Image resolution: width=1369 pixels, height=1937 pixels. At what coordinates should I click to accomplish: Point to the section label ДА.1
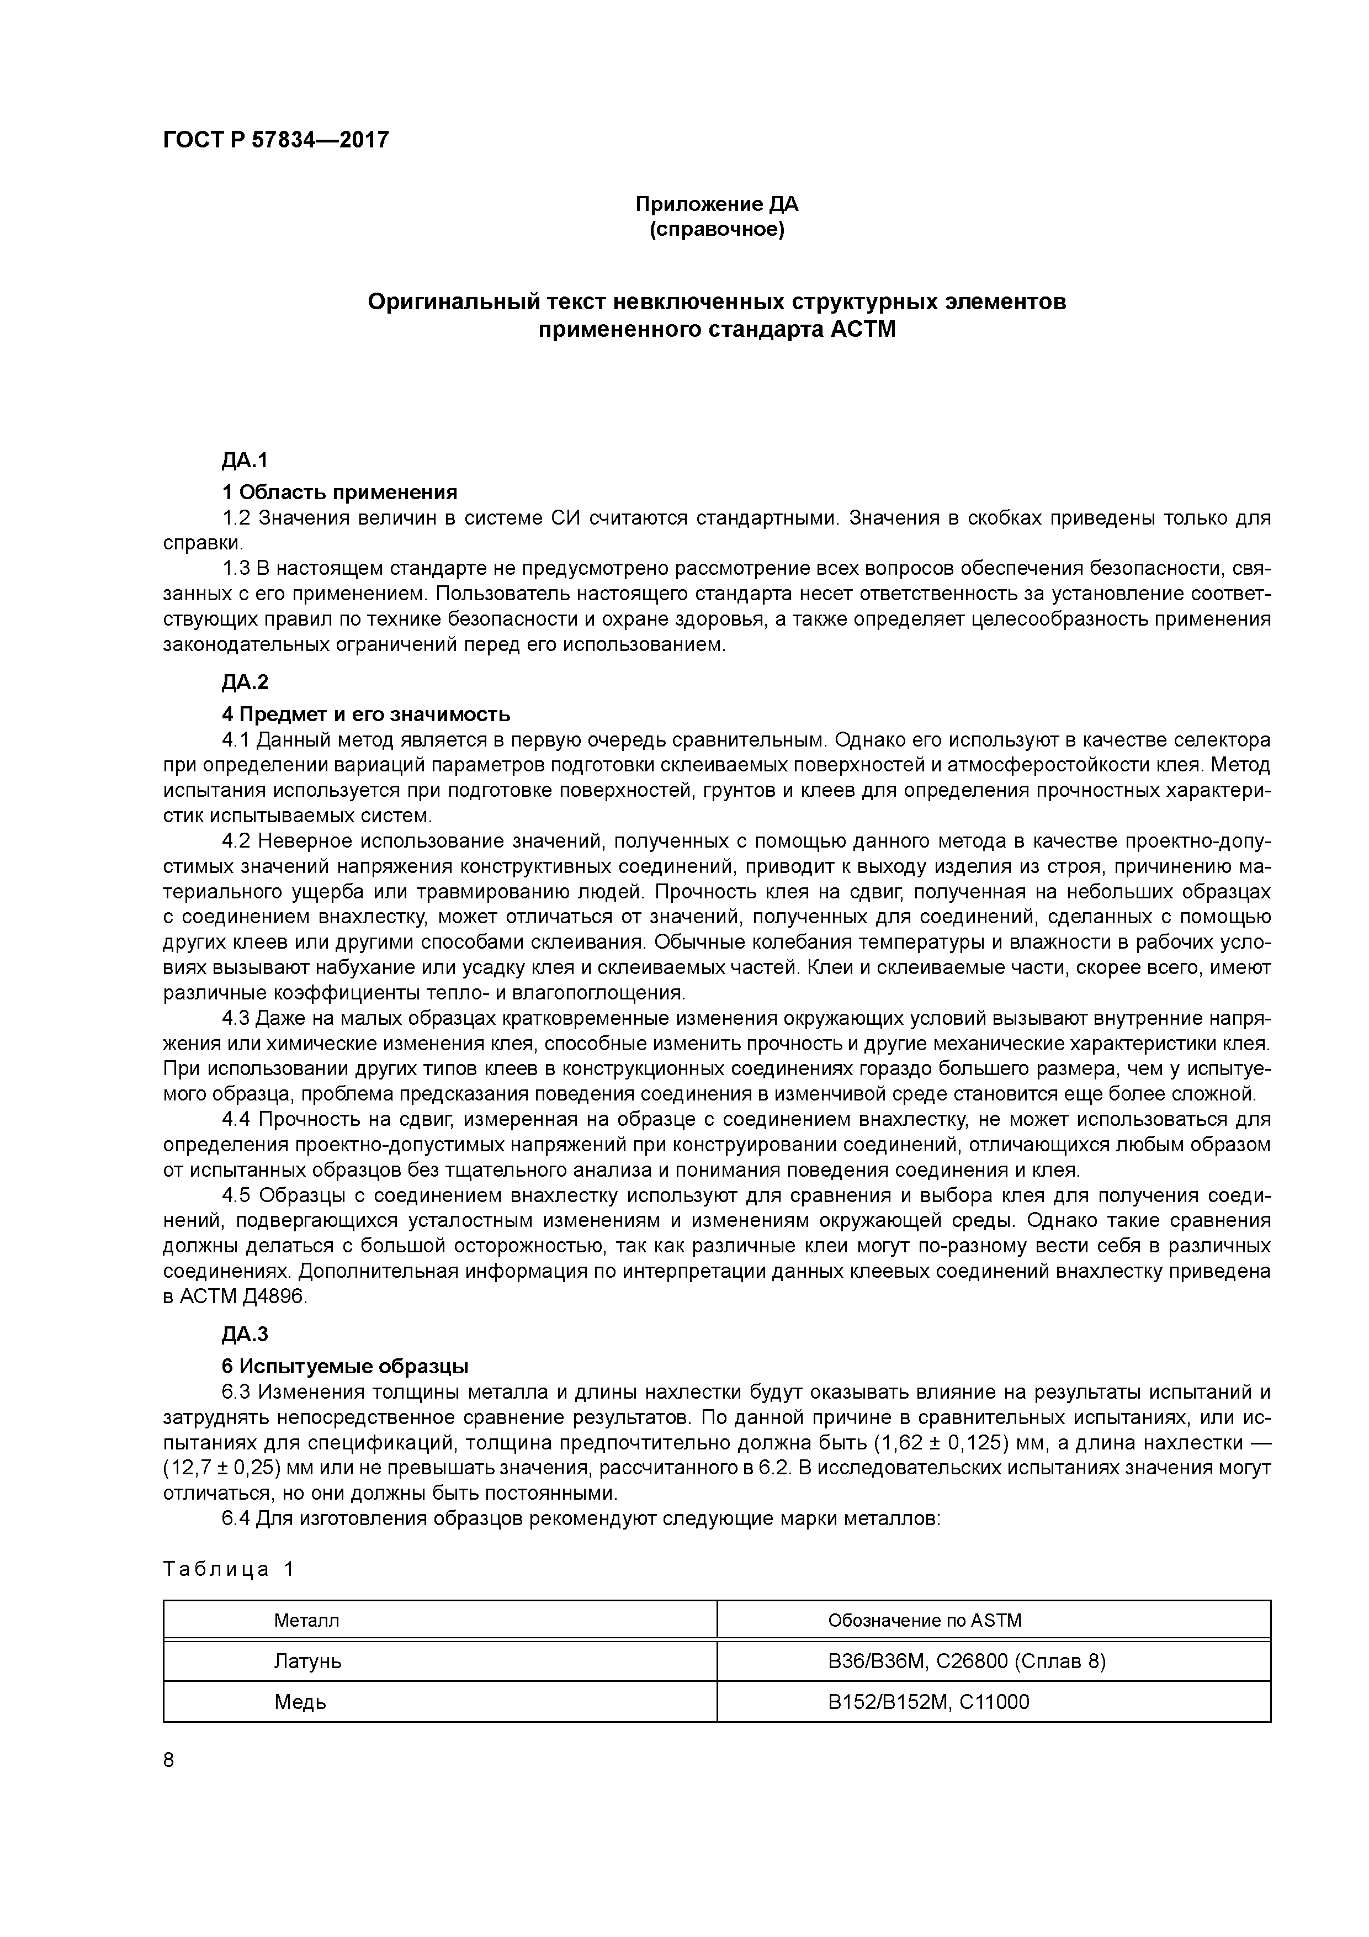point(245,461)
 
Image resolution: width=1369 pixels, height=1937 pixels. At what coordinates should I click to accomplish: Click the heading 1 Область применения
point(339,492)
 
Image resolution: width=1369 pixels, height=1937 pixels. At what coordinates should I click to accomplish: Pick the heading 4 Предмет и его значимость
point(365,714)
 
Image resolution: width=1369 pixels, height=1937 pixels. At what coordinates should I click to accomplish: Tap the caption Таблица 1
point(229,1569)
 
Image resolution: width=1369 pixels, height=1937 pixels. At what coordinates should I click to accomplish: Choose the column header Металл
point(306,1621)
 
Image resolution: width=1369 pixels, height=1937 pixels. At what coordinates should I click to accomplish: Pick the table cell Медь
point(299,1702)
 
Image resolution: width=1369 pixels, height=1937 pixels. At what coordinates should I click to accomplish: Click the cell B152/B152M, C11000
point(928,1702)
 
